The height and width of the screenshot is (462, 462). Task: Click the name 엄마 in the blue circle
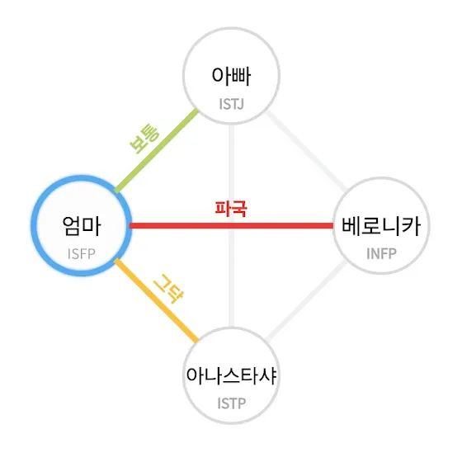click(82, 226)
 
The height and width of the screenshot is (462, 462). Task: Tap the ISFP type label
click(82, 254)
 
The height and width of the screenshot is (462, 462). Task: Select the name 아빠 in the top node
click(231, 76)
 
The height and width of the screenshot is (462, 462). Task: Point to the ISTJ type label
click(232, 104)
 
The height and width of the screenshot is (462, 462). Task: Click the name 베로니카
click(381, 226)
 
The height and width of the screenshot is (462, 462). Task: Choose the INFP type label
click(381, 254)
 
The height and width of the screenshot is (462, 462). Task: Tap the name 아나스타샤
click(231, 375)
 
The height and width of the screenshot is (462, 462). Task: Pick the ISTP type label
click(232, 403)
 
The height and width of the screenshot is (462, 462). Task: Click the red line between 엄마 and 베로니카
click(232, 226)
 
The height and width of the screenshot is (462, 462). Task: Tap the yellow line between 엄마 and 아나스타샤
click(157, 300)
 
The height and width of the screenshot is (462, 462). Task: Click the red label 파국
click(231, 209)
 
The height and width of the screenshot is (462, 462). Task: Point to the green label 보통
click(144, 139)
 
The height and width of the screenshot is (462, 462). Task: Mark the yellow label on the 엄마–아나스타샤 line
click(168, 289)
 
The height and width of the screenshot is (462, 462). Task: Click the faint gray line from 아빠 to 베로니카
click(306, 150)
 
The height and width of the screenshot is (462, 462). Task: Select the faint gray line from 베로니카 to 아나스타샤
click(306, 300)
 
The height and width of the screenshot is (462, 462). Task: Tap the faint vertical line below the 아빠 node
click(232, 226)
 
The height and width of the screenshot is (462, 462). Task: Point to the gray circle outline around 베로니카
click(381, 177)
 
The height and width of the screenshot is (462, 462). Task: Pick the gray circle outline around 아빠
click(231, 28)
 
